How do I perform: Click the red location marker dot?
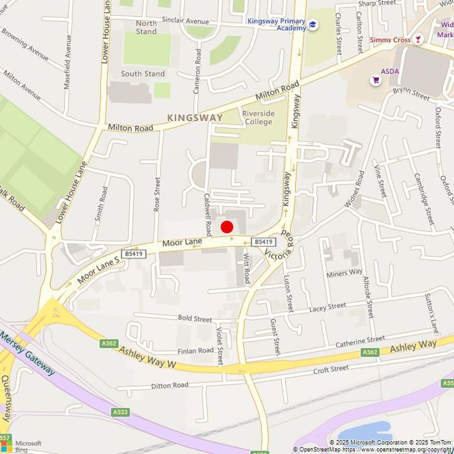(x=227, y=226)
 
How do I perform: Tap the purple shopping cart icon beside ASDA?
(x=375, y=79)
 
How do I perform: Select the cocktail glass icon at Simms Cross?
(x=419, y=39)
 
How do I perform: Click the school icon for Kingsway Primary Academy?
(x=313, y=24)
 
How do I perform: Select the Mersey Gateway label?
(x=28, y=354)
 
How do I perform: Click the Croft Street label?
(x=330, y=369)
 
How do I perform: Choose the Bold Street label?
(x=194, y=319)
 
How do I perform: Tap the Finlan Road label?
(x=196, y=351)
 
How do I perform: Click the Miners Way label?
(x=344, y=273)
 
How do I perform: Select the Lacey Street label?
(x=327, y=307)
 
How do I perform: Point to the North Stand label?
(x=147, y=27)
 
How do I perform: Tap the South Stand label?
(x=143, y=74)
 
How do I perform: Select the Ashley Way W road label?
(x=147, y=357)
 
